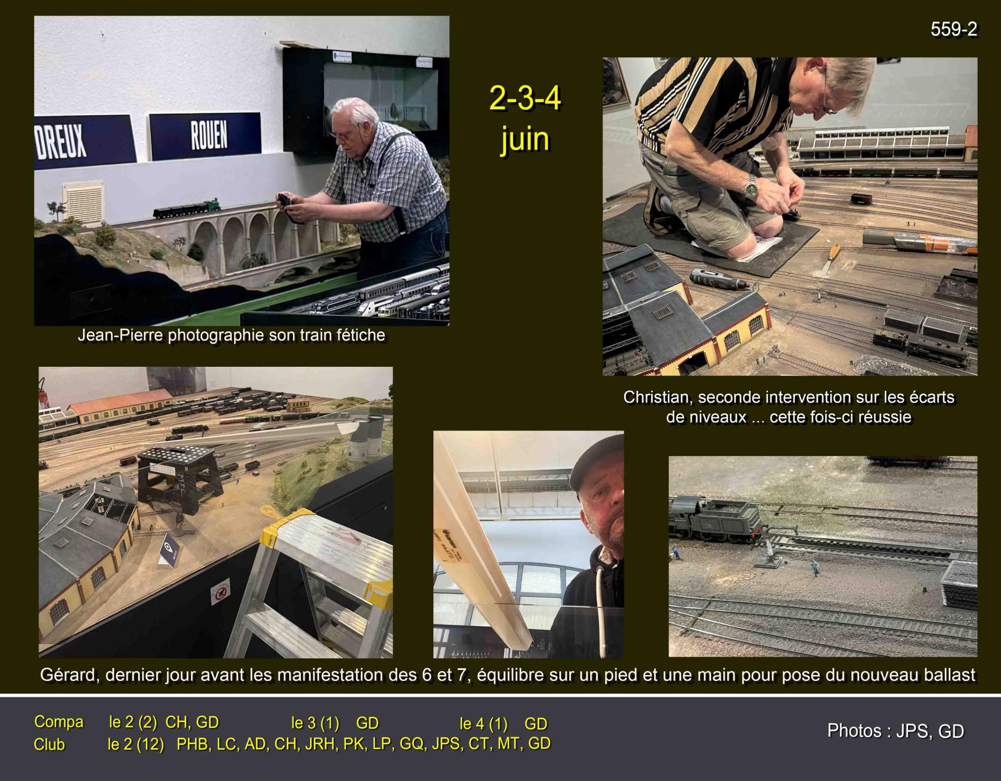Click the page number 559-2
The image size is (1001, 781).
(954, 30)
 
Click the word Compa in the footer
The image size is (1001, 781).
(59, 722)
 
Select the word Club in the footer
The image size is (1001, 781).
(50, 744)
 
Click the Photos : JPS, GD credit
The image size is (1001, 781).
(895, 731)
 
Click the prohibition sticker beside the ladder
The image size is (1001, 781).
(221, 592)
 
